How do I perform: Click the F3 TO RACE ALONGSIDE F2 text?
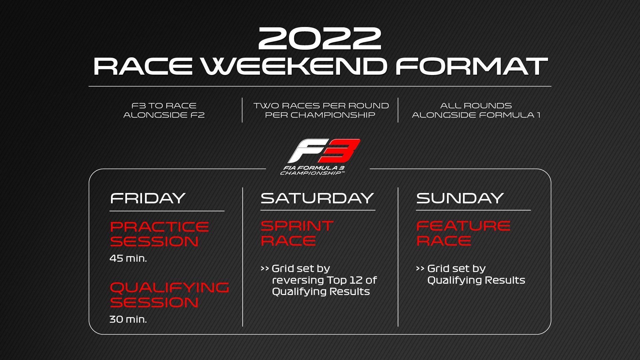point(164,110)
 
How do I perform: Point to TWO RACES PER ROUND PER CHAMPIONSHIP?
point(321,110)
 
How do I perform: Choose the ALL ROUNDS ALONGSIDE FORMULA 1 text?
point(476,110)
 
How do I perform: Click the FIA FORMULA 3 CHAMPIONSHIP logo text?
point(312,170)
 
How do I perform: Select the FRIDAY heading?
point(147,198)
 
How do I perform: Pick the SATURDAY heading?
point(317,198)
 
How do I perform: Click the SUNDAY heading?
point(460,198)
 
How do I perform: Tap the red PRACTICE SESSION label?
point(159,234)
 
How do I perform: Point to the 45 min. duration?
point(128,258)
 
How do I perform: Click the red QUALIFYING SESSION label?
point(169,295)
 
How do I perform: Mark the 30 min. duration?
point(128,319)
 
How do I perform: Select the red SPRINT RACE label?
point(297,233)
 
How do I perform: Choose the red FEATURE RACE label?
point(463,233)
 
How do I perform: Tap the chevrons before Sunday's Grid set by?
point(420,269)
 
